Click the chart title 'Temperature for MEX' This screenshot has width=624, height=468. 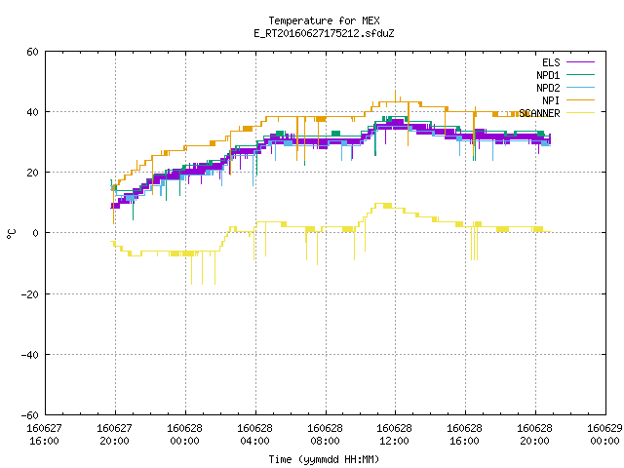(x=324, y=20)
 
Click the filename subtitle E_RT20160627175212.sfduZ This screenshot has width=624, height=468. (x=324, y=33)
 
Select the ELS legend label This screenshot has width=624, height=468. (x=551, y=62)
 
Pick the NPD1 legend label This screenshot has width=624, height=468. (x=548, y=75)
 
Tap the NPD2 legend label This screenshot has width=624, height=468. (x=548, y=88)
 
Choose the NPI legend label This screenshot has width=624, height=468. (x=551, y=100)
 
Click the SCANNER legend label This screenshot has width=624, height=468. (x=539, y=113)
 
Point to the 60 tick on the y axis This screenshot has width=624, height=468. (x=32, y=52)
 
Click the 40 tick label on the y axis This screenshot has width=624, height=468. (x=32, y=112)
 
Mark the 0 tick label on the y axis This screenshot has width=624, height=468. (x=36, y=233)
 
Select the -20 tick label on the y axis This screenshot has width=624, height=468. (x=30, y=294)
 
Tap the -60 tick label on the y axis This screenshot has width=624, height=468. (x=30, y=415)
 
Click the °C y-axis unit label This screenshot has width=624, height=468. (x=11, y=234)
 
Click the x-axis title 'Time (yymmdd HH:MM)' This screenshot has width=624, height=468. (x=324, y=459)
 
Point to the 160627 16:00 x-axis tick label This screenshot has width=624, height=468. (x=44, y=435)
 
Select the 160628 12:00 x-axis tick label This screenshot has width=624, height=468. (x=394, y=435)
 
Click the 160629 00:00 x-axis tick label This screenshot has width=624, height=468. (x=604, y=435)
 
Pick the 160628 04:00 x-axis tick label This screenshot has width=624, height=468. (x=254, y=435)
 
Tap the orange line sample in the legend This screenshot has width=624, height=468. (x=581, y=100)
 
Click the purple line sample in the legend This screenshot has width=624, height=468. (x=581, y=62)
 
